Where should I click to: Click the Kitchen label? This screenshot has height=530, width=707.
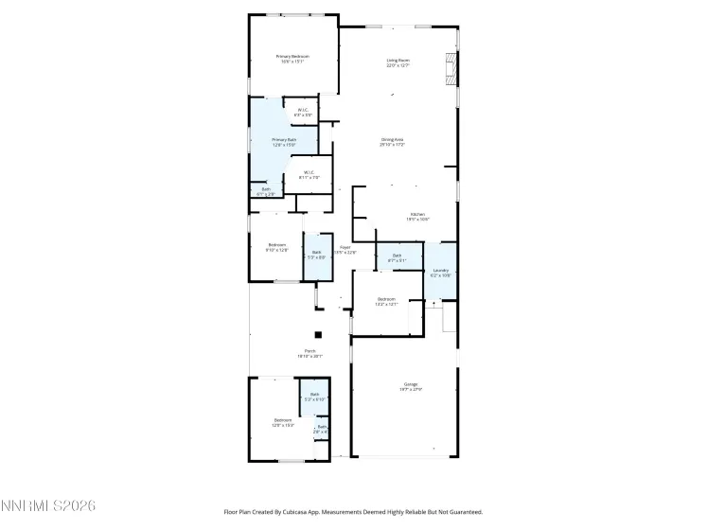[x=417, y=215]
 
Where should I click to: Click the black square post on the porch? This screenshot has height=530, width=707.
[x=319, y=334]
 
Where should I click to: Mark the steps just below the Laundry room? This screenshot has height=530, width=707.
[x=450, y=319]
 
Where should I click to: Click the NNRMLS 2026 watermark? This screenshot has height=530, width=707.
[x=48, y=508]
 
